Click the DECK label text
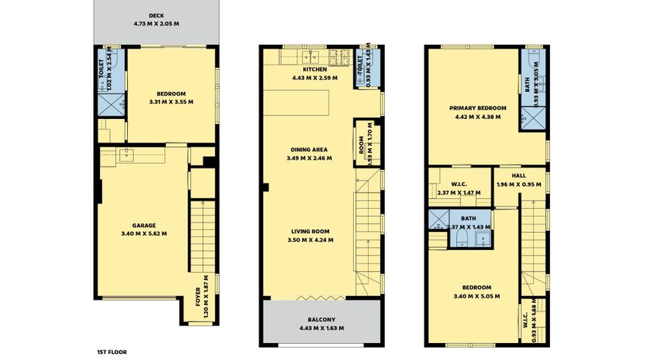pyautogui.click(x=156, y=15)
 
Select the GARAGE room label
pyautogui.click(x=143, y=226)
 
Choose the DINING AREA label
pyautogui.click(x=309, y=149)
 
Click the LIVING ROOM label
pyautogui.click(x=309, y=231)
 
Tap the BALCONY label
pyautogui.click(x=322, y=319)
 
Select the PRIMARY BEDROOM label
pyautogui.click(x=478, y=107)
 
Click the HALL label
pyautogui.click(x=518, y=176)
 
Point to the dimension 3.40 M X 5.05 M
pyautogui.click(x=477, y=296)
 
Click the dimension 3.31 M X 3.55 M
pyautogui.click(x=170, y=102)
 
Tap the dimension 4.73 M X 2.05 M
pyautogui.click(x=156, y=24)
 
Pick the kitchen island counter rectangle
pyautogui.click(x=297, y=101)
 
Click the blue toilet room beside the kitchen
pyautogui.click(x=361, y=68)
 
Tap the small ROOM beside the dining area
pyautogui.click(x=361, y=142)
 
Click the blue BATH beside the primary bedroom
pyautogui.click(x=532, y=88)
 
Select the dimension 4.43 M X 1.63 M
pyautogui.click(x=322, y=328)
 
